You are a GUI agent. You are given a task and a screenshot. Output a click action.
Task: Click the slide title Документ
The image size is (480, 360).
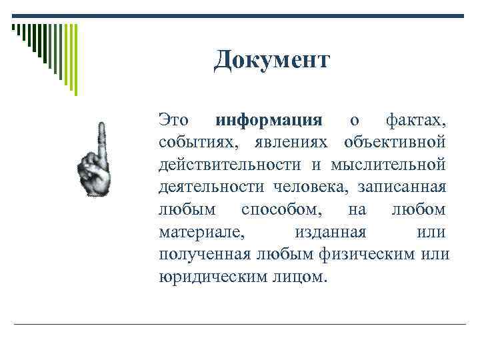click(x=271, y=61)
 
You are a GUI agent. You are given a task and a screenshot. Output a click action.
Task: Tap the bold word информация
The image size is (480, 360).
click(x=269, y=121)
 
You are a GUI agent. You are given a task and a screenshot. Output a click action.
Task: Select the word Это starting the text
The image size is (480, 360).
click(x=173, y=121)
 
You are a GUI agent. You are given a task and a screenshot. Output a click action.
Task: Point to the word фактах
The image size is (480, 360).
click(x=416, y=121)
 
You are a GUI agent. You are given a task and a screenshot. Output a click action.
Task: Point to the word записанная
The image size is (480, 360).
click(x=402, y=187)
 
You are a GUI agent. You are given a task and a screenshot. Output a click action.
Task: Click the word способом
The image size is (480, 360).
click(x=283, y=209)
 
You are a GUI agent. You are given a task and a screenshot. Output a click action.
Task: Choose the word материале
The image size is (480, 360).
click(x=203, y=231)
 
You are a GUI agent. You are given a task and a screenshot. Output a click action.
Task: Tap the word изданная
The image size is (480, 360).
click(x=330, y=231)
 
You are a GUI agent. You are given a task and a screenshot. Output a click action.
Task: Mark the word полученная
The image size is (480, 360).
click(x=204, y=254)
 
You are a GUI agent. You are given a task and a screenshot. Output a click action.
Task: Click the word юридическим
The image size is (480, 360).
click(x=212, y=276)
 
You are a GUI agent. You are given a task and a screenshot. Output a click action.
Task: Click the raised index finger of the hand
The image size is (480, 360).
click(x=101, y=137)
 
